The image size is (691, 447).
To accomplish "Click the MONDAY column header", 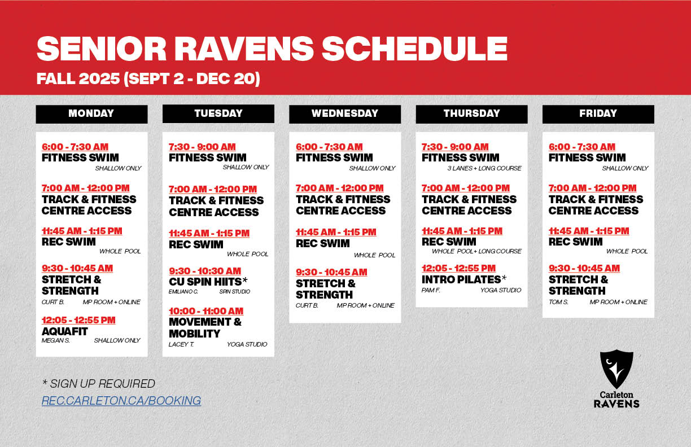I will coord(91,113).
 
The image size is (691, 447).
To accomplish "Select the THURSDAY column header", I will coord(471,113).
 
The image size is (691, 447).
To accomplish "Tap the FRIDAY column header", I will coord(598,113).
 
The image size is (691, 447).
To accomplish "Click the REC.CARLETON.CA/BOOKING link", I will coord(121,401).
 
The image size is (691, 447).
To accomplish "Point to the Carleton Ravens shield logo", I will coord(616,369).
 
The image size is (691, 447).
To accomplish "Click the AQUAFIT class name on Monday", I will coord(65,331).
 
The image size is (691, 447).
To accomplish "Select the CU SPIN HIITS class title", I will coord(205,282).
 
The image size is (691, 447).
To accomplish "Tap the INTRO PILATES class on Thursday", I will coord(461,279).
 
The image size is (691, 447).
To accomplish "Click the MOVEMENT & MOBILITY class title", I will coord(205,327).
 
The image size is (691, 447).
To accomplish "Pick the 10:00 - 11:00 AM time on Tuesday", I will coord(206,311).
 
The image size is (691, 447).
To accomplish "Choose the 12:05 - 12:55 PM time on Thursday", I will coord(458,268).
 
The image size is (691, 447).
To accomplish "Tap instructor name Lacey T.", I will coord(181,344).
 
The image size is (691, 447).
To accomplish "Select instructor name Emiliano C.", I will coord(183,292).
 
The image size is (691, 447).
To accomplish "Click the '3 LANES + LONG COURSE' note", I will coord(484,168).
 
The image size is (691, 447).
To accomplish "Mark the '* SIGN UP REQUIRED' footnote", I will coord(98,384).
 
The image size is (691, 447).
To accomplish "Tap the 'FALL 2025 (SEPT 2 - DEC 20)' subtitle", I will coord(148,78).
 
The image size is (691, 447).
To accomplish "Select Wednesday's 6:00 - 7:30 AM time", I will coord(329,147).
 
